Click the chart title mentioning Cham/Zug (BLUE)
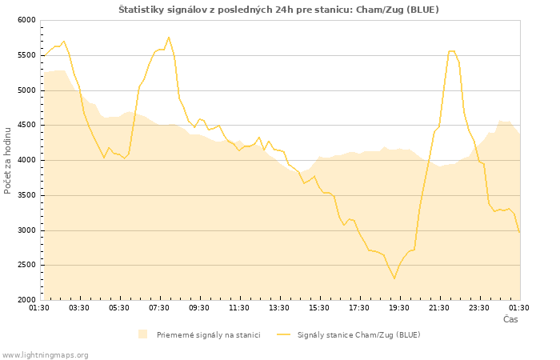(278, 9)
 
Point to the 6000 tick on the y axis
(26, 20)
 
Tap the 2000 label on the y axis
(26, 300)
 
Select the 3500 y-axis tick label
(26, 195)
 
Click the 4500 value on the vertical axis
(26, 125)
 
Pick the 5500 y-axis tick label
(26, 55)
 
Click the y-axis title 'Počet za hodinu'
(8, 159)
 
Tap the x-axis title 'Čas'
(510, 319)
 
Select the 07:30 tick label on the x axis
(159, 307)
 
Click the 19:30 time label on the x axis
(399, 307)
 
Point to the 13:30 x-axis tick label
(279, 307)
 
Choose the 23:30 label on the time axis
(479, 307)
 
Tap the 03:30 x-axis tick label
(79, 307)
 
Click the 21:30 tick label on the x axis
(439, 307)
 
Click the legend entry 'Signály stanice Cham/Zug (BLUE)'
(358, 334)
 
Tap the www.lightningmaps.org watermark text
(46, 354)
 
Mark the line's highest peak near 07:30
(169, 37)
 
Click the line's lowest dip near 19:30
(394, 278)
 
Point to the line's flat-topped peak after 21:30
(452, 51)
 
